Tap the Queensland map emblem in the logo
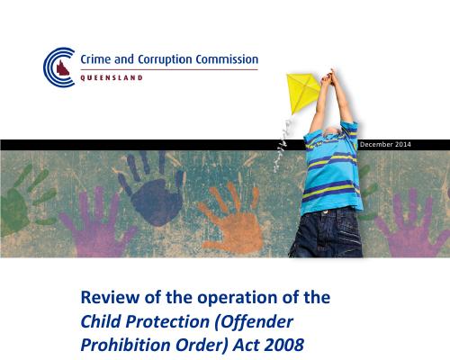coord(63,68)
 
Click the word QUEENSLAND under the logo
coord(112,78)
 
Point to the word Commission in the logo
coord(227,59)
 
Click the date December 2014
coord(385,144)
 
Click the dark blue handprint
coord(151,188)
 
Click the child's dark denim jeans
coord(327,232)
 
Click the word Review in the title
coord(110,297)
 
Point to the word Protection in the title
coord(167,321)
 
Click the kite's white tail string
coord(283,144)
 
